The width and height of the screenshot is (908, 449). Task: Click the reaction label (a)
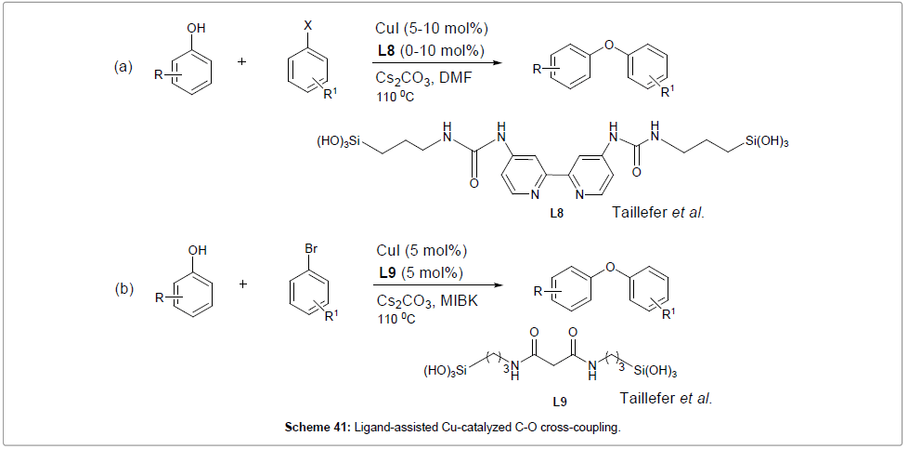[123, 66]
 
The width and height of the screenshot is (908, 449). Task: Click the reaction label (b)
[123, 288]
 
